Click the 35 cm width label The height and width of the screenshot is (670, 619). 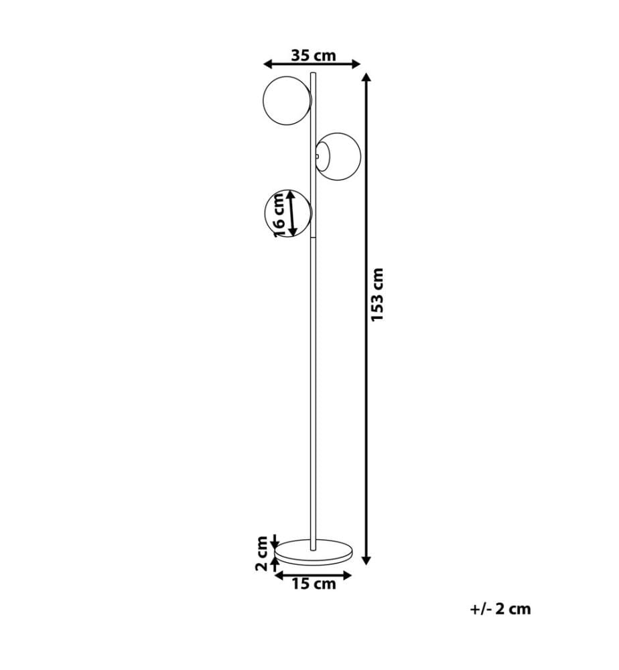(x=314, y=55)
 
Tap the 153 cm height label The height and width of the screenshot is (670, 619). (x=378, y=295)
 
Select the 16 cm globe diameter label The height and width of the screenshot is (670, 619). (x=279, y=214)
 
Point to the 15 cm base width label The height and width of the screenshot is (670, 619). (x=314, y=584)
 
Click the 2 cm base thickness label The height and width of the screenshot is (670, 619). (x=261, y=553)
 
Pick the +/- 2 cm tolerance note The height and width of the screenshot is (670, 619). (x=500, y=608)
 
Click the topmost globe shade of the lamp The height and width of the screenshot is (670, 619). (x=287, y=101)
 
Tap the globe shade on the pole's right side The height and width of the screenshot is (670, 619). (x=338, y=156)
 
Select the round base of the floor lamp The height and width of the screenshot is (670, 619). (x=314, y=551)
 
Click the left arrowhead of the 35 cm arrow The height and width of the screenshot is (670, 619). (x=268, y=64)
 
